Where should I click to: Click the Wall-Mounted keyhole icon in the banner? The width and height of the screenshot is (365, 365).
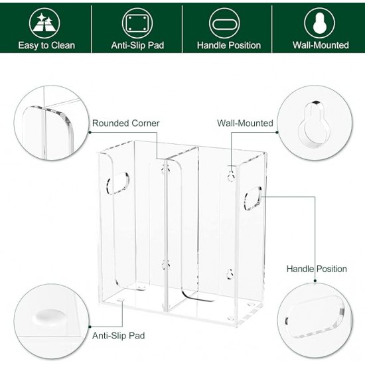(320, 23)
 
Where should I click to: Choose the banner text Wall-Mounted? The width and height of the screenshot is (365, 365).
(321, 46)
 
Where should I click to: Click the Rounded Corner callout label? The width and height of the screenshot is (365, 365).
(125, 123)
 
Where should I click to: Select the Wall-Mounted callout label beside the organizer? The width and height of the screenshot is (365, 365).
(245, 123)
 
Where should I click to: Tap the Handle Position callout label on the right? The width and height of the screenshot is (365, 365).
(317, 269)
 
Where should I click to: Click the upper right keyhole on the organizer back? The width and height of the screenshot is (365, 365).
(230, 176)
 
